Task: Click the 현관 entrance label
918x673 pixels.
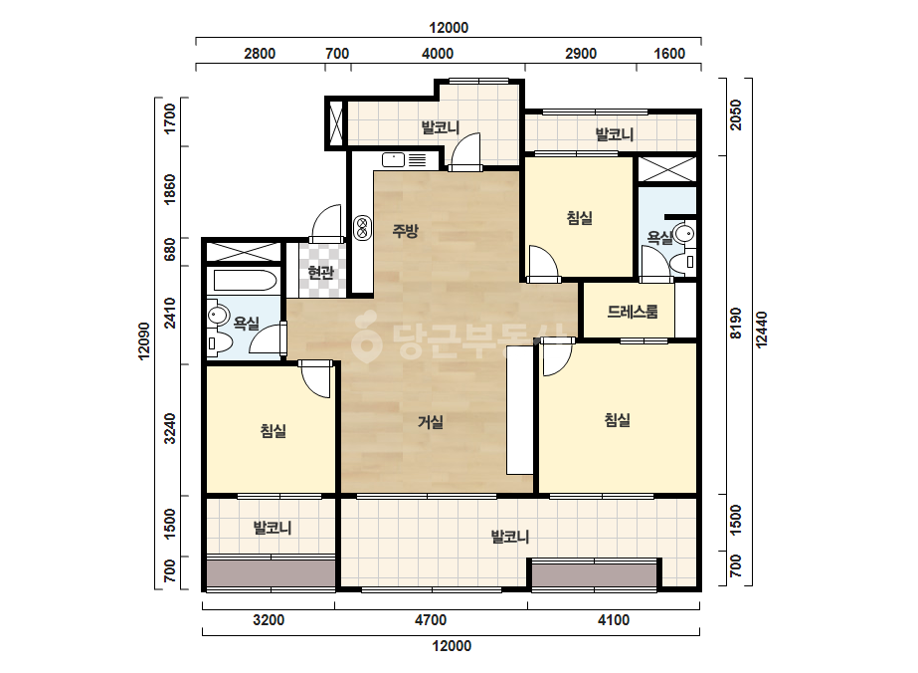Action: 321,273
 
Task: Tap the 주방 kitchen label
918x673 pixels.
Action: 405,230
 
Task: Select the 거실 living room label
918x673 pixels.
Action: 431,421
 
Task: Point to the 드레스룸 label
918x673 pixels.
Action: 633,312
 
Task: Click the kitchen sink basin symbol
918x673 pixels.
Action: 394,159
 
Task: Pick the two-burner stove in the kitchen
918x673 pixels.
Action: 362,227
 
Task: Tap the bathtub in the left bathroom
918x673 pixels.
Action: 245,281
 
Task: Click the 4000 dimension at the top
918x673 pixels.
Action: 438,54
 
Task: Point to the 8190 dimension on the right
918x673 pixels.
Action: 736,323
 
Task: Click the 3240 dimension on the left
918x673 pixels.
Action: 170,428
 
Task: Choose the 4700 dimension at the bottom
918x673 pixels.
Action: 431,619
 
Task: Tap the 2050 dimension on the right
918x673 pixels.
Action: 736,114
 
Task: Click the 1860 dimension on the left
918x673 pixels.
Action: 170,189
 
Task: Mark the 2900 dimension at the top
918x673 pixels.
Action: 581,54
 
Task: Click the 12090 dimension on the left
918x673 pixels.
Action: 144,340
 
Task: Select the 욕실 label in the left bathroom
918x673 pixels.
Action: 246,323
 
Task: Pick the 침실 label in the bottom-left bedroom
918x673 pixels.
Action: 273,431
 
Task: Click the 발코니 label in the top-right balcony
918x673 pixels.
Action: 614,134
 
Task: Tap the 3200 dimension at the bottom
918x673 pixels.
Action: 269,619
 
